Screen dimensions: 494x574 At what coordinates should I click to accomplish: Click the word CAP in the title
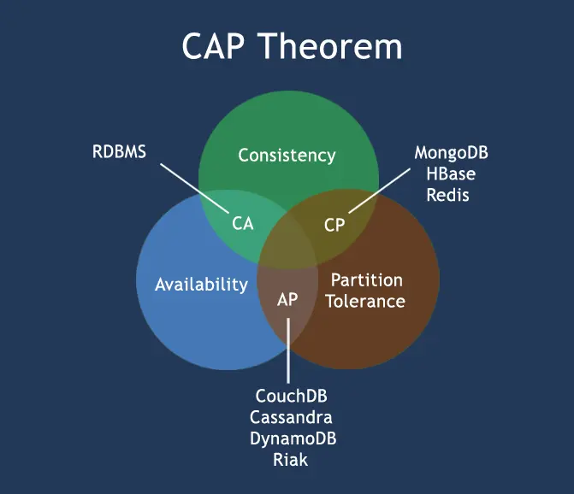[x=216, y=46]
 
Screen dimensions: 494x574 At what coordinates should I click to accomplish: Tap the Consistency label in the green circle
[x=287, y=156]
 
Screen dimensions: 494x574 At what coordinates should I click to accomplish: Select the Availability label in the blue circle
[x=201, y=285]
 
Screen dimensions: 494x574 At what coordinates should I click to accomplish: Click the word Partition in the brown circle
[x=366, y=280]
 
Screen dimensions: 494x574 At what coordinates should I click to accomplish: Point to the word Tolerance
[x=365, y=301]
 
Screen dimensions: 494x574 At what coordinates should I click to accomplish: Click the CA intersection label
[x=243, y=224]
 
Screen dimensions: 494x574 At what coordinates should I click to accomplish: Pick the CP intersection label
[x=334, y=225]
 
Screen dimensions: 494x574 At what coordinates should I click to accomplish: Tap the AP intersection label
[x=287, y=300]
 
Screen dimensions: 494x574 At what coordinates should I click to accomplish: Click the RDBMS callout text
[x=120, y=153]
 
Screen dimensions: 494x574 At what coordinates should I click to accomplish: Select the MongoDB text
[x=452, y=153]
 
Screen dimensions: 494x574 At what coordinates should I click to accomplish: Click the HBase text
[x=451, y=173]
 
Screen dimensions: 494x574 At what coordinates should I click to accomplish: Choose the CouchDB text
[x=292, y=397]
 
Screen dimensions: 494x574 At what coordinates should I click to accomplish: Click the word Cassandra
[x=292, y=418]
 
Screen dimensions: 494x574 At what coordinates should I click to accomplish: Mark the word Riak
[x=291, y=460]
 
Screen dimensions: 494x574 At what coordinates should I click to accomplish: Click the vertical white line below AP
[x=288, y=350]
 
